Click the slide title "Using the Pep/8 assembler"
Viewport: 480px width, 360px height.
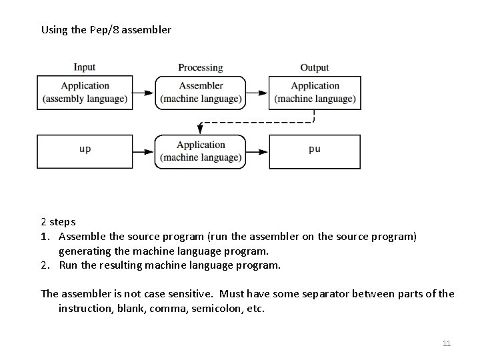pyautogui.click(x=106, y=29)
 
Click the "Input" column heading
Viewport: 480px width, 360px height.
pyautogui.click(x=84, y=67)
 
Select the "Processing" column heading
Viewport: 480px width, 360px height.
pyautogui.click(x=200, y=67)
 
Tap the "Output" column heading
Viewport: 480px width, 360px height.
pyautogui.click(x=314, y=67)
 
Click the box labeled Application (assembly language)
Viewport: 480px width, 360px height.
pyautogui.click(x=85, y=92)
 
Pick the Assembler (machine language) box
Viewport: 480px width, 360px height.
pyautogui.click(x=201, y=92)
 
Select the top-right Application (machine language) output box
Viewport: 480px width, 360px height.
pyautogui.click(x=315, y=92)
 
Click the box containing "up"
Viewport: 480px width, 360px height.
pyautogui.click(x=85, y=151)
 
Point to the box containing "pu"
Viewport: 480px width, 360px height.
pyautogui.click(x=315, y=151)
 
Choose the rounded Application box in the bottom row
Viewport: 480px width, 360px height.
pyautogui.click(x=201, y=151)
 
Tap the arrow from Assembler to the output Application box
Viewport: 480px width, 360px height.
pyautogui.click(x=257, y=92)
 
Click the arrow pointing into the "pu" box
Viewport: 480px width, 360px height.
pyautogui.click(x=257, y=151)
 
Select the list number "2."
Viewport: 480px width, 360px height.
pyautogui.click(x=46, y=265)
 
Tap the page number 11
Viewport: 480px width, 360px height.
pyautogui.click(x=447, y=343)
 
